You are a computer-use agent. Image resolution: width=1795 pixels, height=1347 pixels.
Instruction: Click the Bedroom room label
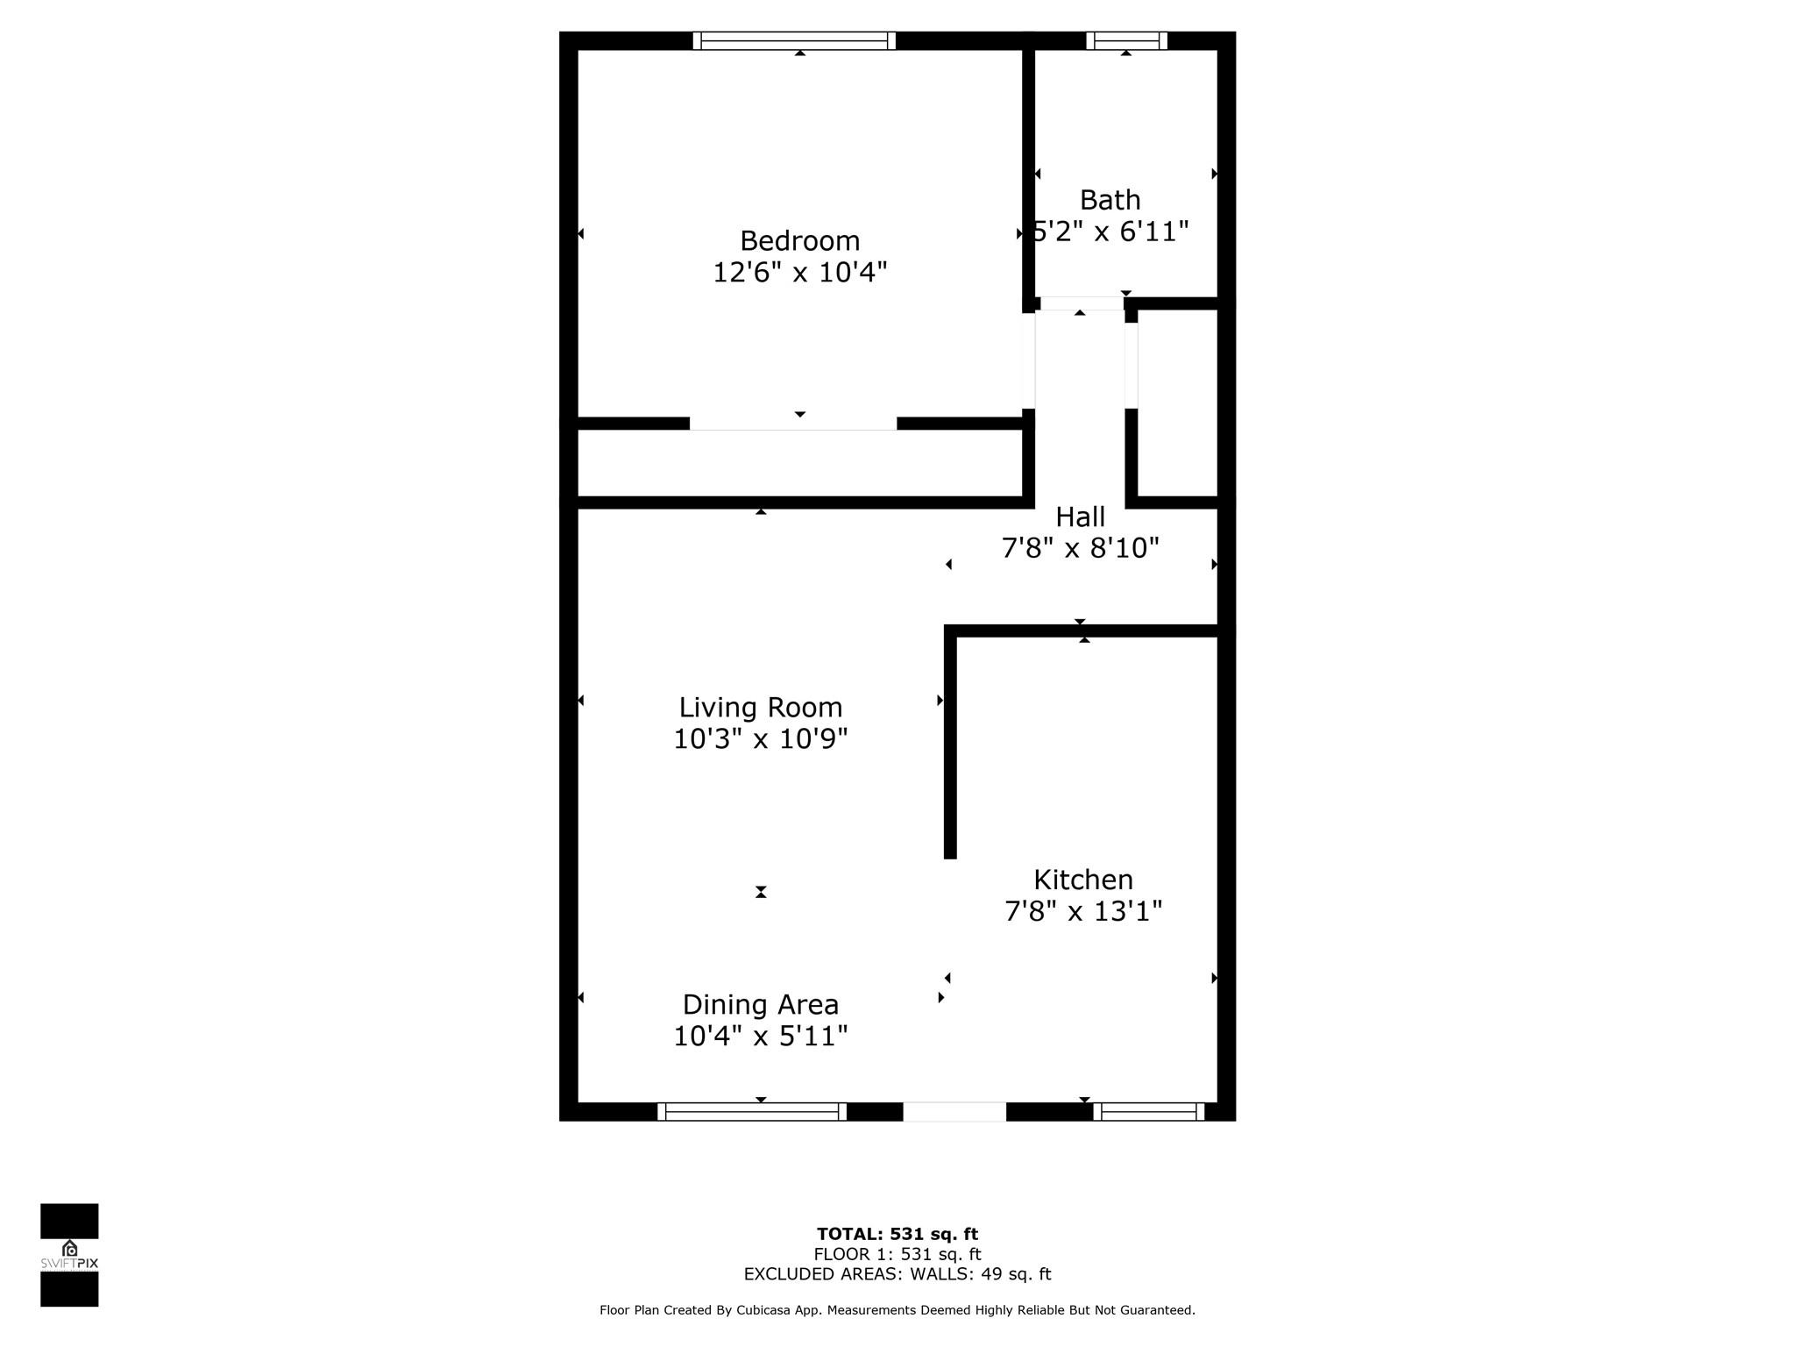tap(799, 241)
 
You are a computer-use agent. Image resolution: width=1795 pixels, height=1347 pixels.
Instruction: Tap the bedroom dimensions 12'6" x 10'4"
tap(799, 273)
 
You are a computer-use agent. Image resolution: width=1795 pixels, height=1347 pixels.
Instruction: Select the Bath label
tap(1110, 200)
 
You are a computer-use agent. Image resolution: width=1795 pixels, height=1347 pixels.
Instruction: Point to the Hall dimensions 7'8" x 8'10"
tap(1080, 548)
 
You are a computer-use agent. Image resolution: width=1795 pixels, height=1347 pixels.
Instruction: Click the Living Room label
tap(760, 708)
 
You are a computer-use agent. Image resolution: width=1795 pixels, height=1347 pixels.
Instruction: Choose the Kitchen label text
tap(1083, 880)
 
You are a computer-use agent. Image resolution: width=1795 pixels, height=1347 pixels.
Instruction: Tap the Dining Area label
tap(760, 1005)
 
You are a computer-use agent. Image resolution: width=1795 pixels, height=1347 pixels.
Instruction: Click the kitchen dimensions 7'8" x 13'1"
tap(1083, 912)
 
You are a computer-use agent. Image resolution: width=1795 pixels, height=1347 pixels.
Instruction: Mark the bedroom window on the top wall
tap(794, 40)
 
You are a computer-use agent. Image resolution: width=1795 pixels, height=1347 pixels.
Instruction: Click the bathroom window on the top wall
tap(1126, 40)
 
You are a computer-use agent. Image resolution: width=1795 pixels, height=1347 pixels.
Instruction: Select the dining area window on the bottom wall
tap(752, 1112)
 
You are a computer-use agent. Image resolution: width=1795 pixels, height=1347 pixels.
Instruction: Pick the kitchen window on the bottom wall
tap(1149, 1112)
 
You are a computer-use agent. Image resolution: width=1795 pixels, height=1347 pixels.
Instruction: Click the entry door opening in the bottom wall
tap(954, 1112)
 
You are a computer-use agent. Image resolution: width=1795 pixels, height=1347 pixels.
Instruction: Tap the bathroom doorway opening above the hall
tap(1082, 303)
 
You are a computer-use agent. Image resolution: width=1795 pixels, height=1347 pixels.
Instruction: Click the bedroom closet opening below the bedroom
tap(793, 424)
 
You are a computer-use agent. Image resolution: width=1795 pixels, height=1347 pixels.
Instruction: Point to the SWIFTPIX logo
tap(69, 1255)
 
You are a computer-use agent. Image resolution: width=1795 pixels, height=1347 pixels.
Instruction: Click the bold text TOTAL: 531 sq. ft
tap(897, 1235)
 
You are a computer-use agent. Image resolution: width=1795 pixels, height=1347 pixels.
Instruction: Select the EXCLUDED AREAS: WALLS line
tap(897, 1274)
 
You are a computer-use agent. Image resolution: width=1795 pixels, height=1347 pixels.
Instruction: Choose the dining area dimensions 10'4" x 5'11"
tap(760, 1037)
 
